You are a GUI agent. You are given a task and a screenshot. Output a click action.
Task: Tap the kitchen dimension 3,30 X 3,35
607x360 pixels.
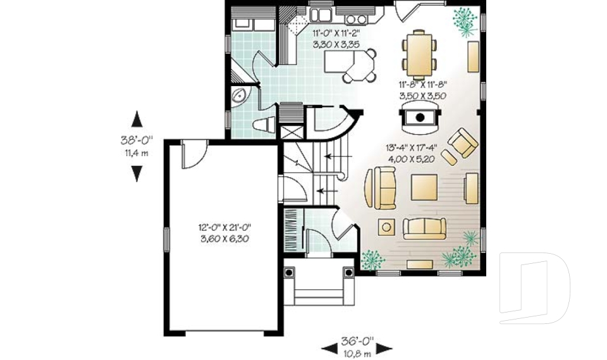click(x=336, y=45)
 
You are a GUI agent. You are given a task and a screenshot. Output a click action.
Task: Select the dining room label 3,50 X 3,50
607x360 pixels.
click(x=422, y=96)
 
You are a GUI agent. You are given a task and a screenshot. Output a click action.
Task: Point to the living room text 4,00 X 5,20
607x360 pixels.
click(x=410, y=159)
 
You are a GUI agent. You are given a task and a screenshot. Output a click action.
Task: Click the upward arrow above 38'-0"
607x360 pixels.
click(x=137, y=120)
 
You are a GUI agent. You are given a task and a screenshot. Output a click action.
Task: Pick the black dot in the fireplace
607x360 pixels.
click(x=419, y=116)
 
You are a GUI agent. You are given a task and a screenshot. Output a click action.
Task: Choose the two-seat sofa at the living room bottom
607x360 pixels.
click(x=424, y=228)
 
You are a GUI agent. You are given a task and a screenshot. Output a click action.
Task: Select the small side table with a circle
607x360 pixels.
click(x=386, y=226)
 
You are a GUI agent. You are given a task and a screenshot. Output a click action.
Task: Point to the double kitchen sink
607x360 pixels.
click(x=322, y=14)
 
